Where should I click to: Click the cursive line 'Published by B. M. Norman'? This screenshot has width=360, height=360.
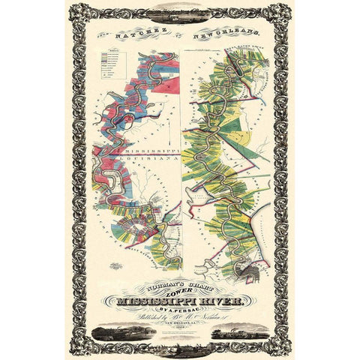pyautogui.click(x=181, y=320)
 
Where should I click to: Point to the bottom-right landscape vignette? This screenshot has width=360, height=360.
pyautogui.click(x=241, y=331)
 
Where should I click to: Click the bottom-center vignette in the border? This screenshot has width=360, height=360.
pyautogui.click(x=180, y=347)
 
